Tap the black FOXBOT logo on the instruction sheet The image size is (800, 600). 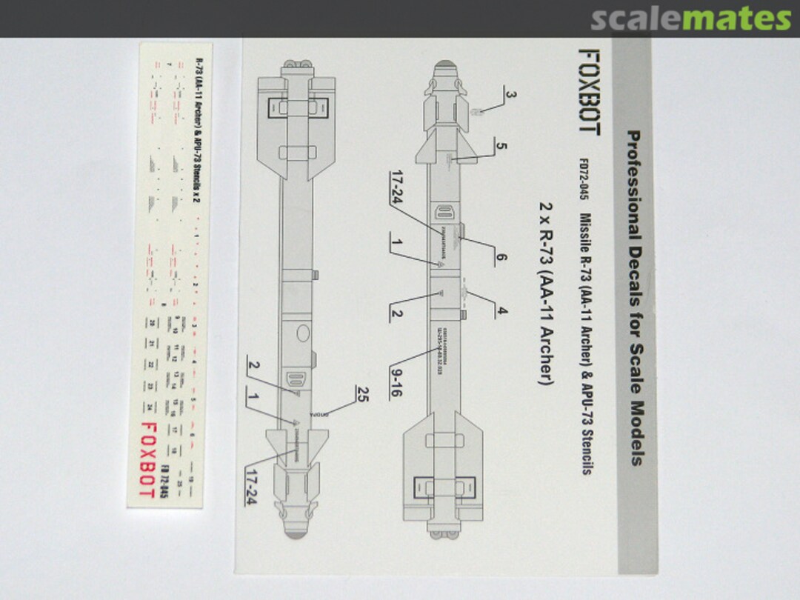pos(590,92)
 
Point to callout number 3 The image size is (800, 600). pos(510,94)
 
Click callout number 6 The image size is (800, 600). pos(501,258)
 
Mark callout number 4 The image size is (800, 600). pos(502,311)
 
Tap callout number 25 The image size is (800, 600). pos(362,392)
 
